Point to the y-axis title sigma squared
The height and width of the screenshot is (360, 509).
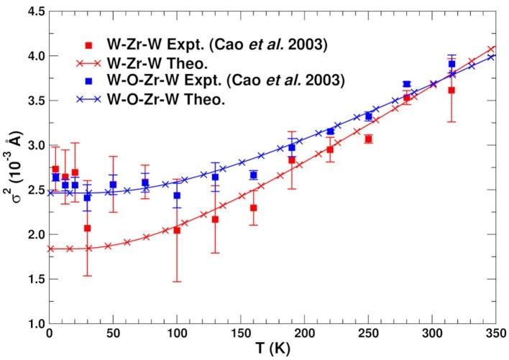(x=12, y=167)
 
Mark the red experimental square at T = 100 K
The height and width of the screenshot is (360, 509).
(x=176, y=230)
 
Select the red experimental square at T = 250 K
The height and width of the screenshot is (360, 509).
(x=368, y=139)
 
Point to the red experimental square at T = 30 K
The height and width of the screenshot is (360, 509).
(x=87, y=228)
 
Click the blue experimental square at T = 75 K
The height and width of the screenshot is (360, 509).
(x=145, y=183)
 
